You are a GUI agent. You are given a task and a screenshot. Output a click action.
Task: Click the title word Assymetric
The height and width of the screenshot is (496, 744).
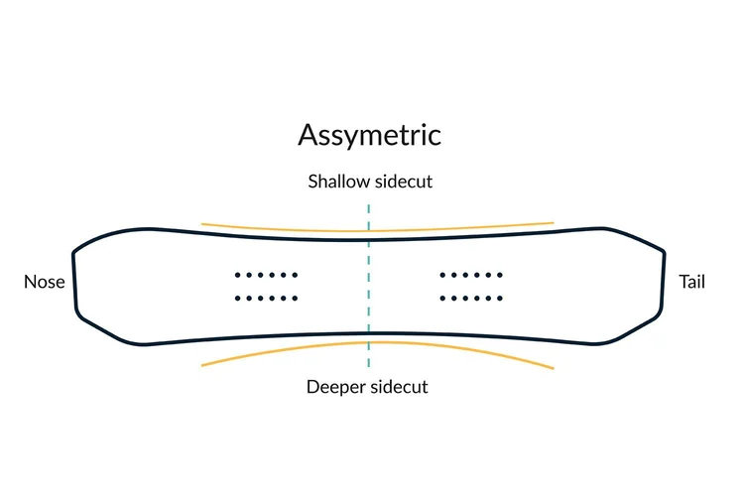coord(369,135)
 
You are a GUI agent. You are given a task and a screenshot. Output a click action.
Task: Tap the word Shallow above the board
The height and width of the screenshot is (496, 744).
coord(338,183)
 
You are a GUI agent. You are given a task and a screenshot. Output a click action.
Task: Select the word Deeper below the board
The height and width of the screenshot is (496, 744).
coord(336,387)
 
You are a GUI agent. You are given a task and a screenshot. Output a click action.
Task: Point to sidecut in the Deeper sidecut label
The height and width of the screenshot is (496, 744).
coord(399,387)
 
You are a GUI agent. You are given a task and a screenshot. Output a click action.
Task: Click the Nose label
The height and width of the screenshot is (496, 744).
coord(44,282)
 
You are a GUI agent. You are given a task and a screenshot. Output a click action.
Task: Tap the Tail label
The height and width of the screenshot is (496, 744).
coord(691,282)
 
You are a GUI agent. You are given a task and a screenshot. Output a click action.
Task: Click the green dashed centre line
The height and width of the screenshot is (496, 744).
coord(369,288)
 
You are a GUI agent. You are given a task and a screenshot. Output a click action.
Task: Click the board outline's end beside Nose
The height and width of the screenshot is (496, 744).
coord(74,283)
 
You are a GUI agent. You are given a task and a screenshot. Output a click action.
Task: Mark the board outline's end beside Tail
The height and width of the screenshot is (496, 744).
coord(663,283)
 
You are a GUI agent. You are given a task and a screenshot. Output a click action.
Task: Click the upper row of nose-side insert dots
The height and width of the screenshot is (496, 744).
coord(266,275)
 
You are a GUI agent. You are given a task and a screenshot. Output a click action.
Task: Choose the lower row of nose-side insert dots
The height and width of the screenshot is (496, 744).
coord(266,298)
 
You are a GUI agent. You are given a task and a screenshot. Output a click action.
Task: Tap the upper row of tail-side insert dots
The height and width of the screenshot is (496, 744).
coord(470,275)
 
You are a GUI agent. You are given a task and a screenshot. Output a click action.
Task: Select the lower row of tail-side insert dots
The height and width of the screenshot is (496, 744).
coord(470,298)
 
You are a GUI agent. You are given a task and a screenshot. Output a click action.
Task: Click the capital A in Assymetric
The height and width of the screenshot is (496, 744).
coord(310,135)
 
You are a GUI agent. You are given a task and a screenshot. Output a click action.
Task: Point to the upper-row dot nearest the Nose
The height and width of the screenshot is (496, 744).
coord(237,275)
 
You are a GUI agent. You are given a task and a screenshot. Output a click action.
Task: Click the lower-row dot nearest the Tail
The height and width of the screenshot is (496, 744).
coord(499,298)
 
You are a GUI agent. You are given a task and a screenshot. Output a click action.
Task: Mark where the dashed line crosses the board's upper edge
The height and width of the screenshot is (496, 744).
coord(369,239)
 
